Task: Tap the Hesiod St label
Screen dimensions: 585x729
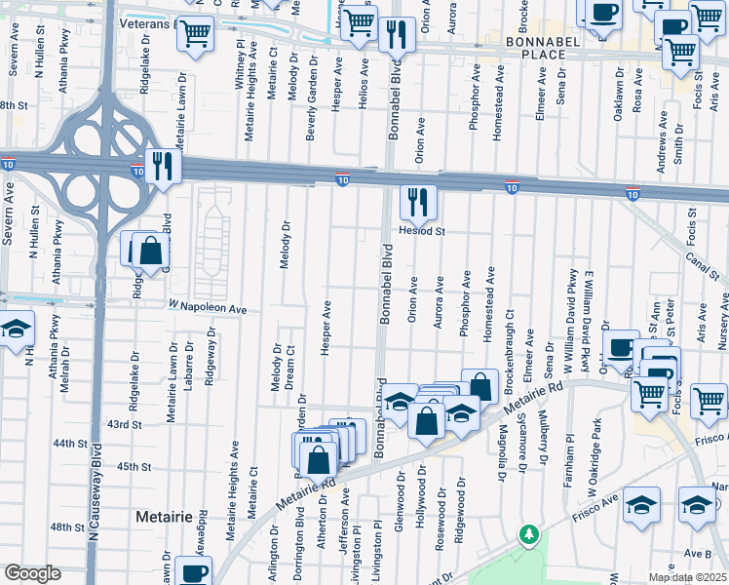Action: pos(421,232)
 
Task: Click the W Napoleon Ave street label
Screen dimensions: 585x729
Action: pos(208,308)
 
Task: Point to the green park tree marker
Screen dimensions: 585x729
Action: pos(528,534)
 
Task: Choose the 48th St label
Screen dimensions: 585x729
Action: pos(68,526)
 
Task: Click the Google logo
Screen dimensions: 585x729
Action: pos(32,573)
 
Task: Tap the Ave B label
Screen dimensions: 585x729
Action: pos(697,553)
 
